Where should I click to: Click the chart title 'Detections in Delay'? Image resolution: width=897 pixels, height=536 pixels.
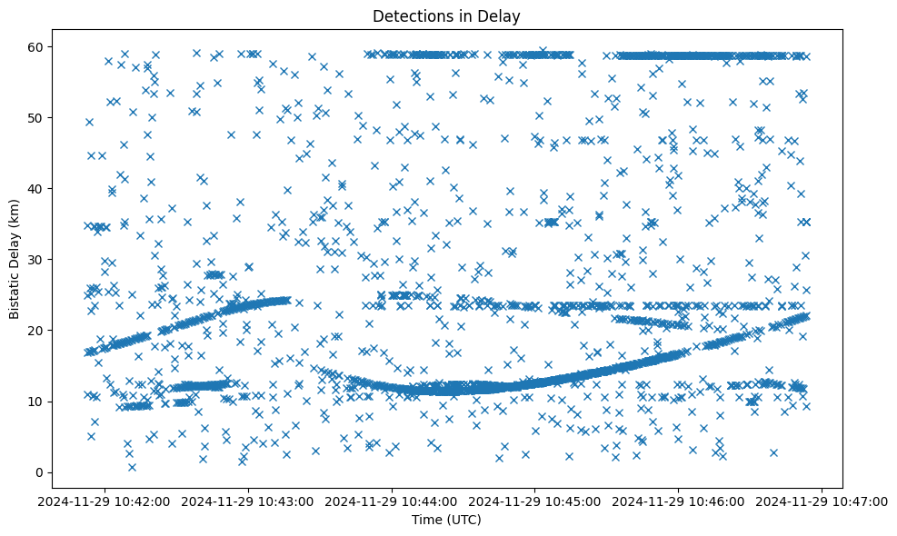point(447,15)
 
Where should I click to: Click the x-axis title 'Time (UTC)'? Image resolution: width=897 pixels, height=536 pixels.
point(447,521)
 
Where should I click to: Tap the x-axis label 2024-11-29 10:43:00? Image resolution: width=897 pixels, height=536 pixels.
point(249,501)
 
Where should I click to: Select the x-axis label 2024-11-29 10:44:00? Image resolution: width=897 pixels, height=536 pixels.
point(393,501)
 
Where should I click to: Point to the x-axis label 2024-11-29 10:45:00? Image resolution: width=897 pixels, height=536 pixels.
point(535,501)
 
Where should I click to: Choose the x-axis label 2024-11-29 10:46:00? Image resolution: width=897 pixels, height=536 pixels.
point(679,501)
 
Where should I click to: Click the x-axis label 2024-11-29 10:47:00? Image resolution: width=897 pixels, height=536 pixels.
point(822,501)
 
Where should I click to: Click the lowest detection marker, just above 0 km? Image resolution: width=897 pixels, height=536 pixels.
point(132,467)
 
